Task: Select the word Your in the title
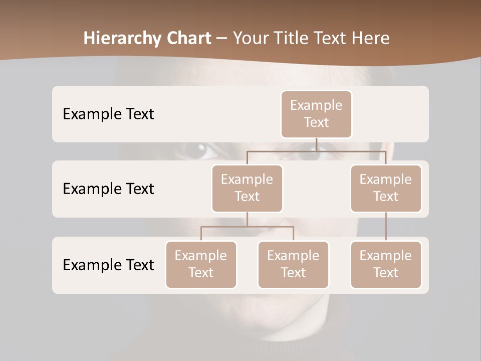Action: coord(251,39)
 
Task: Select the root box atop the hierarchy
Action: coord(316,114)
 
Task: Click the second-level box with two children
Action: coord(247,188)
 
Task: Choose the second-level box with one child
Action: coord(386,188)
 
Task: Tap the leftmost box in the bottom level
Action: coord(201,264)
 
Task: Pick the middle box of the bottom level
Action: coord(293,264)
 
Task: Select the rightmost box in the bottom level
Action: coord(386,264)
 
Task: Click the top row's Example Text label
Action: coord(108,114)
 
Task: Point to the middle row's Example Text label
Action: coord(108,189)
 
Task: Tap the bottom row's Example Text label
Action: coord(108,265)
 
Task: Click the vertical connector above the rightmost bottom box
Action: coord(386,227)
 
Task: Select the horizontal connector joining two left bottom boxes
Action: coord(247,227)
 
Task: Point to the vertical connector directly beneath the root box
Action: coord(316,144)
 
